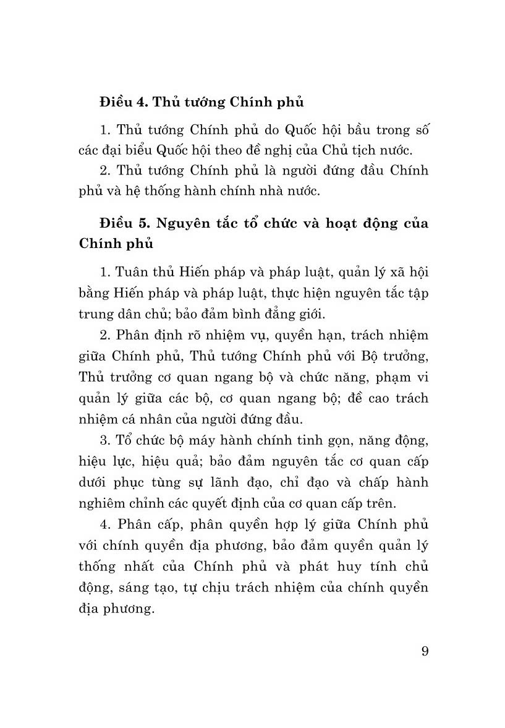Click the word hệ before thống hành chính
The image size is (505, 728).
143,191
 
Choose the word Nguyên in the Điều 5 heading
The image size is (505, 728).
180,223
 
